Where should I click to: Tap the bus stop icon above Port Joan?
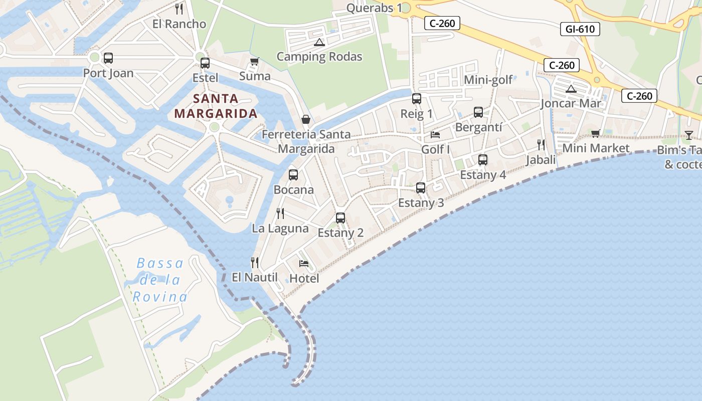click(x=108, y=58)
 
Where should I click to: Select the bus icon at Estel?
click(x=205, y=63)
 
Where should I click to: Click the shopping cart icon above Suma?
click(x=254, y=62)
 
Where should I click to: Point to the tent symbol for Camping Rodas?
click(x=319, y=42)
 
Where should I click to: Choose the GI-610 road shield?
click(x=580, y=29)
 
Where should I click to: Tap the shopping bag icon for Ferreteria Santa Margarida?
click(x=305, y=119)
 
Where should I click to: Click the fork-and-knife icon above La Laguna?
click(x=280, y=213)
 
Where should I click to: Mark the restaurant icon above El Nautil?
click(x=255, y=262)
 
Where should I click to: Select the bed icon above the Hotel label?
click(x=304, y=263)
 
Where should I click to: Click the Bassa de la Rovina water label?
click(x=160, y=280)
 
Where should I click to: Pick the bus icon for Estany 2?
click(x=340, y=218)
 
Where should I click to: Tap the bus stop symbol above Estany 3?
click(x=421, y=188)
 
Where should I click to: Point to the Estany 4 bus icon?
click(x=483, y=160)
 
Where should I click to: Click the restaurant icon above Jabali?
click(x=541, y=145)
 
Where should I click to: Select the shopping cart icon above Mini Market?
click(x=595, y=133)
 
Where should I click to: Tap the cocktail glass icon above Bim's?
click(x=689, y=135)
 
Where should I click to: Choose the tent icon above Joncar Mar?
click(x=571, y=89)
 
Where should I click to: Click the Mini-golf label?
click(x=488, y=80)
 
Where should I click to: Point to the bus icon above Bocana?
click(x=293, y=175)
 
